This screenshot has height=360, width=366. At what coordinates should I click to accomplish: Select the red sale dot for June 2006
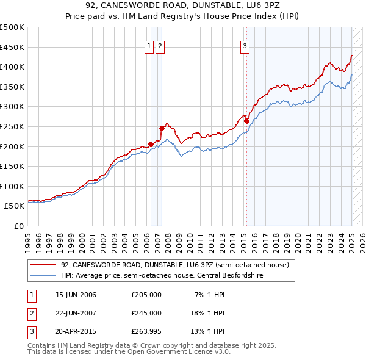click(x=151, y=145)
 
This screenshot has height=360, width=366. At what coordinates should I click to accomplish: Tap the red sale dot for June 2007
click(x=162, y=128)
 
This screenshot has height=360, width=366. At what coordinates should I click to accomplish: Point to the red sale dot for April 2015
click(x=246, y=121)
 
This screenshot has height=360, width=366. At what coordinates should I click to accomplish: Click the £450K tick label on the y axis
click(x=12, y=47)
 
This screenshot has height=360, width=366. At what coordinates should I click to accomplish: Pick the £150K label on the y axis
click(x=12, y=166)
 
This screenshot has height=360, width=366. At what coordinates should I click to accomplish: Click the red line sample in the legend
click(x=43, y=265)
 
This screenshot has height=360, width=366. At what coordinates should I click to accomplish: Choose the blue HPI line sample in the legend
click(x=43, y=275)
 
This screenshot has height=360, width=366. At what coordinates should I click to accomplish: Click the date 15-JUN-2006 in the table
click(x=76, y=295)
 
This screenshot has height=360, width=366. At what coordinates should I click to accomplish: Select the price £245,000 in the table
click(x=146, y=313)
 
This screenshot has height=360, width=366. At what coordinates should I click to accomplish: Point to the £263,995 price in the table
click(x=146, y=331)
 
